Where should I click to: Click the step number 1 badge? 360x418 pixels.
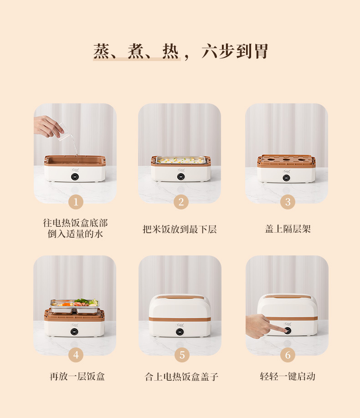pyautogui.click(x=76, y=202)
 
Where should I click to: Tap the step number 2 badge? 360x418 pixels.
pyautogui.click(x=181, y=202)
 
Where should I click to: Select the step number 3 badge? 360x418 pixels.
pyautogui.click(x=288, y=202)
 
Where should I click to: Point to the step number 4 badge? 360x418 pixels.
pyautogui.click(x=76, y=355)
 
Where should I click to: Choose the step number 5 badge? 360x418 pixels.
pyautogui.click(x=182, y=355)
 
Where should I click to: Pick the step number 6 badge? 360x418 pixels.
pyautogui.click(x=288, y=355)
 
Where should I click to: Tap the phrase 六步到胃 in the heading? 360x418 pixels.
pyautogui.click(x=235, y=51)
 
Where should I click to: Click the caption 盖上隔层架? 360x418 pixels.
pyautogui.click(x=288, y=229)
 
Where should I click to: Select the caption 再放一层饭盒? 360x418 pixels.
pyautogui.click(x=77, y=377)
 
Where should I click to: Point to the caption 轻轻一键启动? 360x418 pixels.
pyautogui.click(x=288, y=377)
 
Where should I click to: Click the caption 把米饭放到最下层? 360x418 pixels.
pyautogui.click(x=180, y=229)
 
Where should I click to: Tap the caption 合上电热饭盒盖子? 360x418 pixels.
pyautogui.click(x=181, y=377)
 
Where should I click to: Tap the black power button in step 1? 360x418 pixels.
pyautogui.click(x=75, y=177)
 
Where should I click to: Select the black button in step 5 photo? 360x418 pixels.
pyautogui.click(x=180, y=331)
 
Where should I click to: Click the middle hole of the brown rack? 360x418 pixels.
pyautogui.click(x=287, y=160)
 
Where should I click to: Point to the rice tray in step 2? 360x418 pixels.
pyautogui.click(x=180, y=160)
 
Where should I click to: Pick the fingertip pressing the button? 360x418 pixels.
pyautogui.click(x=284, y=331)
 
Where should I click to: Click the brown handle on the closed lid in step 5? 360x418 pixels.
pyautogui.click(x=180, y=297)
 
